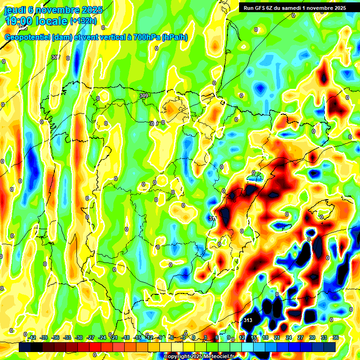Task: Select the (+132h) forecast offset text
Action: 83,21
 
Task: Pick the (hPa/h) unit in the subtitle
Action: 175,37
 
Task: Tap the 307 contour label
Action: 56,57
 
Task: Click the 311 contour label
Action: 212,218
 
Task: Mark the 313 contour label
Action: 248,320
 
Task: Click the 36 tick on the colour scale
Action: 335,337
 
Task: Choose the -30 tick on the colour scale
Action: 79,337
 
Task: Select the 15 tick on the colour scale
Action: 253,337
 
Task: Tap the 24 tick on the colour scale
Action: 288,337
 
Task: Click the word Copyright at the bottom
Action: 177,357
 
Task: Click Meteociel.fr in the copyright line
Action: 217,357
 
